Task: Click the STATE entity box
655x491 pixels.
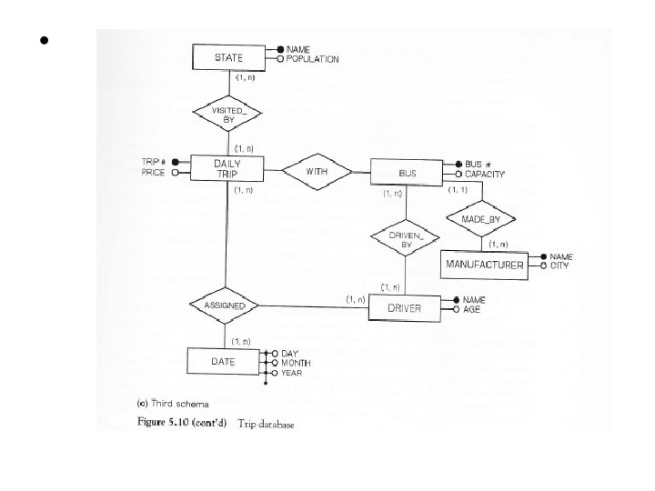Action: click(227, 57)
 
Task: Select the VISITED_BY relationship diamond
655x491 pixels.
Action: click(228, 115)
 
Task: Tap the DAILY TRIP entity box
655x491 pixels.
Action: click(227, 168)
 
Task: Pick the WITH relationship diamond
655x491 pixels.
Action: click(317, 170)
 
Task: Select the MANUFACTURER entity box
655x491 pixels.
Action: click(484, 265)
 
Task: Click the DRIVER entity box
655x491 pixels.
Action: click(404, 307)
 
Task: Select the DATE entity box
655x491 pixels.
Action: click(224, 362)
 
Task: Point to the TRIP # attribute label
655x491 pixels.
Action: click(153, 162)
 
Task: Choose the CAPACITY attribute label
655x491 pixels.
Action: click(486, 173)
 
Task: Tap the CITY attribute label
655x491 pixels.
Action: click(559, 266)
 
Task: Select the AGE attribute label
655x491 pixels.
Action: click(472, 309)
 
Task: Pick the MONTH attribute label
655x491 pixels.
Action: click(295, 363)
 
